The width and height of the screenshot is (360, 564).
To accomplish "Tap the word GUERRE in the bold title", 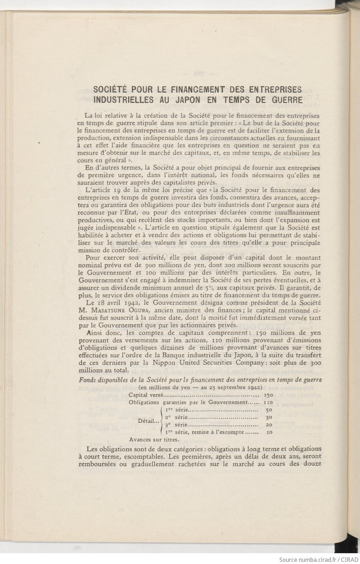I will click(x=283, y=98).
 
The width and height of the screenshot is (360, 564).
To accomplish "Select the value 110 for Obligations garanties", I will click(x=267, y=402).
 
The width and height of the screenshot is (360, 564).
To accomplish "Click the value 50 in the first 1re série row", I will click(x=268, y=410).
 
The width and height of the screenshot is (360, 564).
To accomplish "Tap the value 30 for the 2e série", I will click(x=268, y=417).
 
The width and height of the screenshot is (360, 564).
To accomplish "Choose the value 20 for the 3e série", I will click(x=268, y=425).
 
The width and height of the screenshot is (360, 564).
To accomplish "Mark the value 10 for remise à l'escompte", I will click(x=268, y=433).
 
